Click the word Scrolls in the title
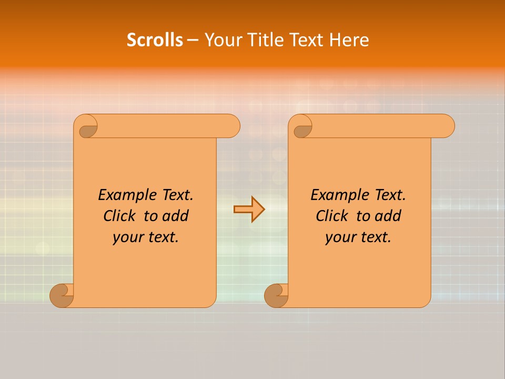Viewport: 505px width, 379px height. (155, 40)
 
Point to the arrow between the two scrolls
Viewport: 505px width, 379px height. (249, 209)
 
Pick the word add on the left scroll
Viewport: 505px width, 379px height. (175, 216)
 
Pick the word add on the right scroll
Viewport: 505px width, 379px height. (388, 216)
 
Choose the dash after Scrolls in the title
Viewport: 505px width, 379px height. (193, 40)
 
